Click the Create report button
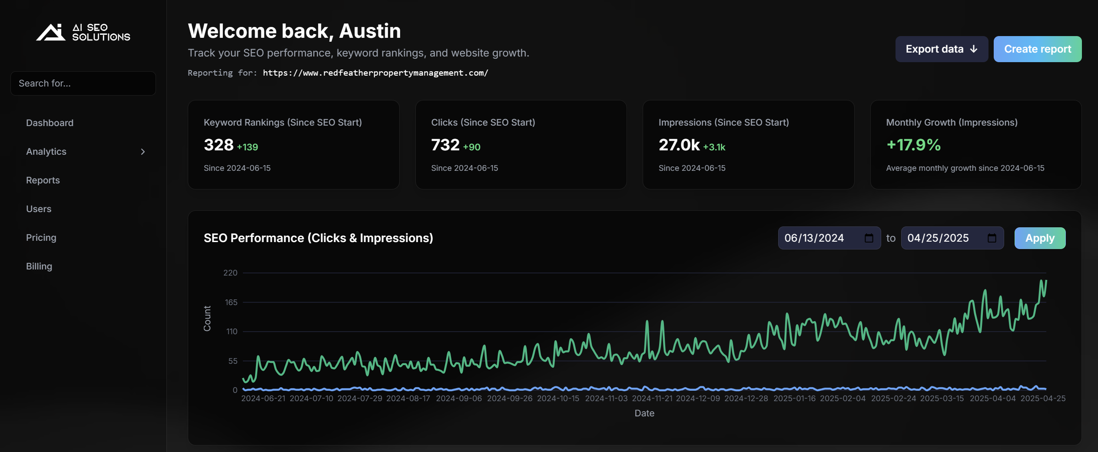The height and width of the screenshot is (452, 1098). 1037,49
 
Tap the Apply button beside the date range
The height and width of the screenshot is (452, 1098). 1039,238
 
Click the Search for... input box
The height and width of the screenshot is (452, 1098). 83,83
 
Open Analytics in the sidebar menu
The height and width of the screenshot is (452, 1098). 46,152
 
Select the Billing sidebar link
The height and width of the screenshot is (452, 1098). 39,266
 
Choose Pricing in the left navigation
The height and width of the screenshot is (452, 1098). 41,238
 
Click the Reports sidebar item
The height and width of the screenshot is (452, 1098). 43,180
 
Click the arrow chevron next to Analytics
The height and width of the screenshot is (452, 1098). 143,152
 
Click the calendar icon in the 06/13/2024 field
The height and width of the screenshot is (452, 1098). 869,238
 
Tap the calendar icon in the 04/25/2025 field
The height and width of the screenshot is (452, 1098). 992,238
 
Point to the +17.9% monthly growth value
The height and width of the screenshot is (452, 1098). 913,145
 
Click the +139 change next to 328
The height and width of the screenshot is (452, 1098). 247,147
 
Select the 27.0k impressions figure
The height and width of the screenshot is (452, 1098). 679,145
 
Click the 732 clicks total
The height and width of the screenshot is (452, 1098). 445,145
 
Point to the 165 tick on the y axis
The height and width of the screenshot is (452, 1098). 231,302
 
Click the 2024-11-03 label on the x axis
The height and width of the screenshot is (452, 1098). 606,399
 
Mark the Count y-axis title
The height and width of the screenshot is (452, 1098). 207,319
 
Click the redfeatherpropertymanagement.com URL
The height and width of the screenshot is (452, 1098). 375,73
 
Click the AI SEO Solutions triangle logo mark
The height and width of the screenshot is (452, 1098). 51,33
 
